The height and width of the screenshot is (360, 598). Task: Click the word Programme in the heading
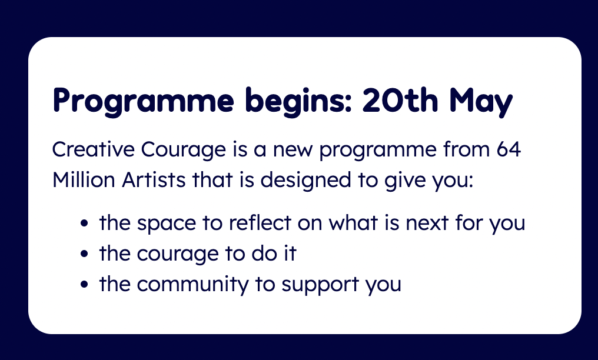(x=144, y=101)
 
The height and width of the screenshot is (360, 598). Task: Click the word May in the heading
(x=481, y=101)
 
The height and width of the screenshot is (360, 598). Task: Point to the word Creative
(x=93, y=149)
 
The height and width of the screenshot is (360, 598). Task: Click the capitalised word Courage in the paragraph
(x=184, y=150)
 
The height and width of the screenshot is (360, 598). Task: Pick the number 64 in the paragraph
(x=509, y=149)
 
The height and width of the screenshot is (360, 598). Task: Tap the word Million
(x=84, y=179)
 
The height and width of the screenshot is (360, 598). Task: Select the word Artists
(x=153, y=179)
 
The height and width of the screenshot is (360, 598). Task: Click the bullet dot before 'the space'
(x=85, y=224)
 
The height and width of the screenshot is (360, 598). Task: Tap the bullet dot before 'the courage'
(x=85, y=254)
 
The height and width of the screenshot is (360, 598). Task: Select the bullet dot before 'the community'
(x=85, y=284)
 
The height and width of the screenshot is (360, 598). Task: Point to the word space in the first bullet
(x=167, y=224)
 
